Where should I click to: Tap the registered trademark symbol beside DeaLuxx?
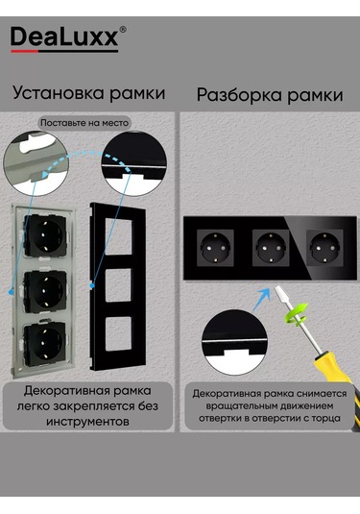(x=123, y=30)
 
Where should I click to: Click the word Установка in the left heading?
(x=59, y=93)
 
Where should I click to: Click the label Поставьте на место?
(x=84, y=123)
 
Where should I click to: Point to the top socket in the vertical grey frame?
(x=46, y=235)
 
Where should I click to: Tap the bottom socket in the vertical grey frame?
(x=45, y=344)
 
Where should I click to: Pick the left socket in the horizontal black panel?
(x=215, y=248)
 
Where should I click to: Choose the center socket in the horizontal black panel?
(x=271, y=248)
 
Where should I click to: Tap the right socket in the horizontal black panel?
(x=324, y=248)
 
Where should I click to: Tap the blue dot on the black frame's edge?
(x=92, y=286)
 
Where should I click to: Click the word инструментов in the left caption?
(x=87, y=422)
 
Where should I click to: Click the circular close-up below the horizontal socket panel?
(x=234, y=342)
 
